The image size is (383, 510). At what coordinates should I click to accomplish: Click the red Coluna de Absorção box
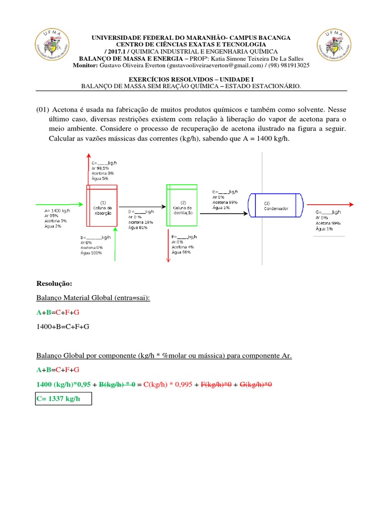click(x=102, y=207)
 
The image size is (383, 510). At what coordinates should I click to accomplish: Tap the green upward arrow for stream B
click(x=115, y=244)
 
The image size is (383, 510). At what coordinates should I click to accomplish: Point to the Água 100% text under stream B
click(x=91, y=253)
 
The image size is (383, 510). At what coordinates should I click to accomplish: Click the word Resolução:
click(x=54, y=283)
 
